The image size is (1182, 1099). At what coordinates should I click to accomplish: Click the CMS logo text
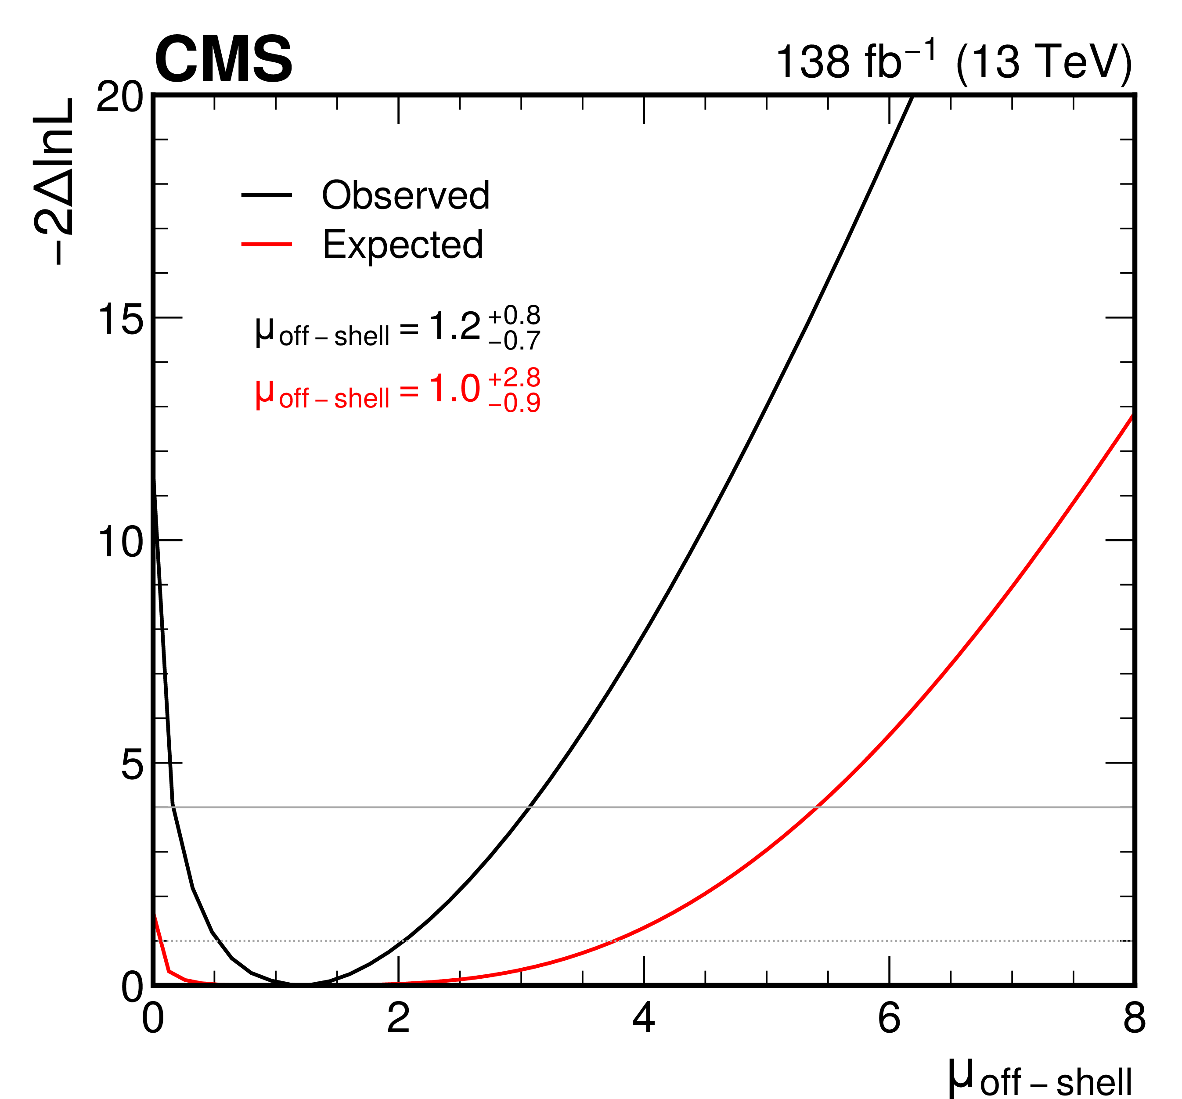pyautogui.click(x=223, y=59)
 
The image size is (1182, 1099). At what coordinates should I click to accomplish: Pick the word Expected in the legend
pyautogui.click(x=403, y=245)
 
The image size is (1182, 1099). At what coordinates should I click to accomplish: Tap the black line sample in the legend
pyautogui.click(x=267, y=195)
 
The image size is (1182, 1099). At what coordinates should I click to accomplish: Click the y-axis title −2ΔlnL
pyautogui.click(x=55, y=181)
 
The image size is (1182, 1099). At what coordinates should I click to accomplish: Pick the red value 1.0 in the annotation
pyautogui.click(x=454, y=389)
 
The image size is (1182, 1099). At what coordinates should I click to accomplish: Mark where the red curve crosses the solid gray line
pyautogui.click(x=818, y=807)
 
